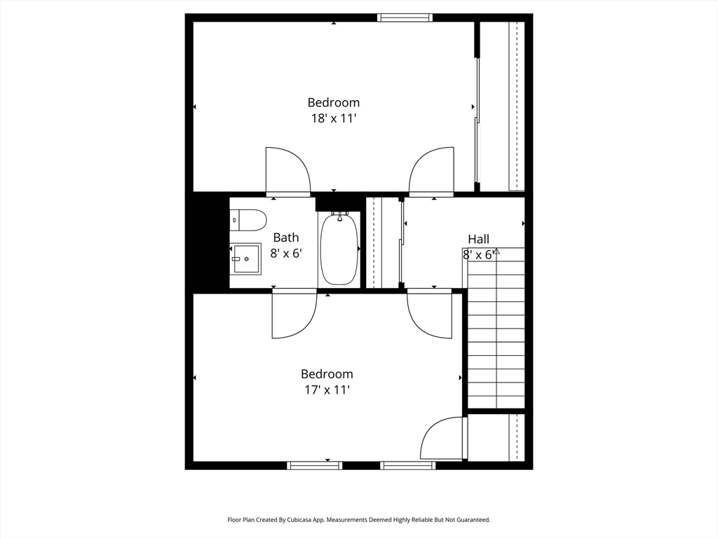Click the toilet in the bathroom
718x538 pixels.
(x=248, y=221)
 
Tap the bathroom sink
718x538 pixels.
(x=245, y=259)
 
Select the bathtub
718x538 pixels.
(x=339, y=249)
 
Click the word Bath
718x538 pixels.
(x=286, y=237)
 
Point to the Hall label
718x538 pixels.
(x=478, y=239)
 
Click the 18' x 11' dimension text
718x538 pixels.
(x=334, y=118)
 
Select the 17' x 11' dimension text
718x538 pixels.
(x=327, y=390)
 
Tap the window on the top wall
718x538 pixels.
(x=405, y=18)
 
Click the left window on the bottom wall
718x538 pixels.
(x=315, y=465)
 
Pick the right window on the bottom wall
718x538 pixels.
(x=407, y=465)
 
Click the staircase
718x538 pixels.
(x=496, y=328)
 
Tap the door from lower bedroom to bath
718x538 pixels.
(x=294, y=314)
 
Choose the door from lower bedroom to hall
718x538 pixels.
(x=430, y=314)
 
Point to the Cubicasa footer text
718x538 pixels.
(x=359, y=520)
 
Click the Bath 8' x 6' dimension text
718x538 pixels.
(x=286, y=254)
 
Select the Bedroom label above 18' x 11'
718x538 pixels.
(x=334, y=102)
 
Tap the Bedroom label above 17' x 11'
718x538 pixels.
(x=327, y=374)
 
